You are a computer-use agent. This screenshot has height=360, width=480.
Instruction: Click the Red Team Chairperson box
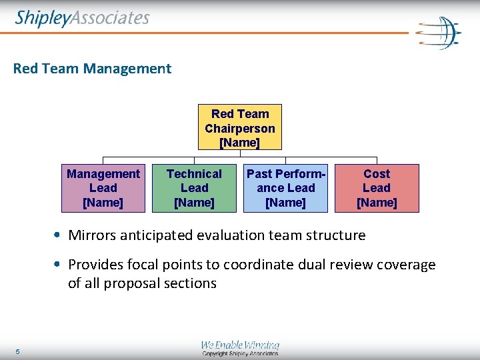(x=240, y=127)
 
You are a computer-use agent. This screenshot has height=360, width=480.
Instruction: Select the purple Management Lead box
(x=103, y=188)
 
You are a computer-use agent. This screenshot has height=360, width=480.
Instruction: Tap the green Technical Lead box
(x=194, y=188)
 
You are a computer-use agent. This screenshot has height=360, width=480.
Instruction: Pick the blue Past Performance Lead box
(x=285, y=188)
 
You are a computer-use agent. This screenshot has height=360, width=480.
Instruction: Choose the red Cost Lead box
(x=377, y=188)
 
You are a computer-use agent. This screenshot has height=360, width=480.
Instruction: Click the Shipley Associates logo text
(x=82, y=18)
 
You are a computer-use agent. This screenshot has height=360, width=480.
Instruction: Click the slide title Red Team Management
(x=92, y=68)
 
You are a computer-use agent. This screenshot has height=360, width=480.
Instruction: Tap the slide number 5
(x=18, y=351)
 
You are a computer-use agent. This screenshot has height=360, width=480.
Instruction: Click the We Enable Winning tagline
(x=240, y=345)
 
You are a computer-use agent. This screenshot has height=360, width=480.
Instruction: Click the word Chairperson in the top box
(x=240, y=128)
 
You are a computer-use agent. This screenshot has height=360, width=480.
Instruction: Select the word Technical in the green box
(x=194, y=174)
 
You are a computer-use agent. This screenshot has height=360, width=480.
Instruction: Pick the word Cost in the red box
(x=377, y=174)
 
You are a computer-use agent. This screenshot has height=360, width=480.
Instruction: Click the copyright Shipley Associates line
(x=240, y=354)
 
